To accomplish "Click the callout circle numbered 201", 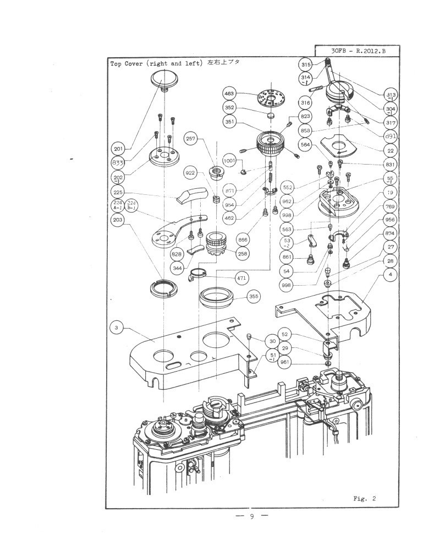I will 117,148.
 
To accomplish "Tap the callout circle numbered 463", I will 229,94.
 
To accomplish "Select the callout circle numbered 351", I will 229,122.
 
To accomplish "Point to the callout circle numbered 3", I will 116,328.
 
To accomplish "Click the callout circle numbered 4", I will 389,274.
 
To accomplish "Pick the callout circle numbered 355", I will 254,296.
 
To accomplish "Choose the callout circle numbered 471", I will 241,279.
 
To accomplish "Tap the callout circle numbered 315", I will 306,65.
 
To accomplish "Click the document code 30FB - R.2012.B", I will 358,51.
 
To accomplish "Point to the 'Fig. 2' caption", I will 364,499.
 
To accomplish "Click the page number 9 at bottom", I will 251,516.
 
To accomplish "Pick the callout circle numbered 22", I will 391,150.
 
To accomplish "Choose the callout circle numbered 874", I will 389,233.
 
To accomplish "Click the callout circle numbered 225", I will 117,192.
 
